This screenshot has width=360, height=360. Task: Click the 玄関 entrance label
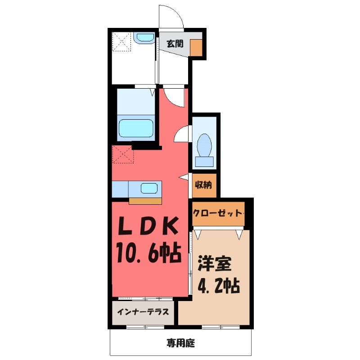click(175, 44)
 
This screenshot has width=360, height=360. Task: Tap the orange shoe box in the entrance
click(196, 48)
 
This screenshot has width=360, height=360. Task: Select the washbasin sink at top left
click(145, 38)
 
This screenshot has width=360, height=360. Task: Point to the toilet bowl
click(204, 145)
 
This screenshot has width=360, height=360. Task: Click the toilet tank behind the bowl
click(204, 162)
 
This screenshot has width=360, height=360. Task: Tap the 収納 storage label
click(203, 185)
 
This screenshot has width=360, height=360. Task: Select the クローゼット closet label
click(218, 213)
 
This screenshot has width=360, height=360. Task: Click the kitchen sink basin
click(149, 188)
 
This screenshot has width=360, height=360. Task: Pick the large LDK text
click(148, 226)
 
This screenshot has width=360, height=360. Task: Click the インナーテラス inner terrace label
click(143, 312)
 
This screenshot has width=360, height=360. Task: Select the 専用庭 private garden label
click(181, 343)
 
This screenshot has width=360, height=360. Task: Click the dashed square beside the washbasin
click(121, 42)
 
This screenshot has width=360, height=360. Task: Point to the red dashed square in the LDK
click(123, 154)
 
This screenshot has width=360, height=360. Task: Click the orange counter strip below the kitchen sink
click(145, 201)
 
